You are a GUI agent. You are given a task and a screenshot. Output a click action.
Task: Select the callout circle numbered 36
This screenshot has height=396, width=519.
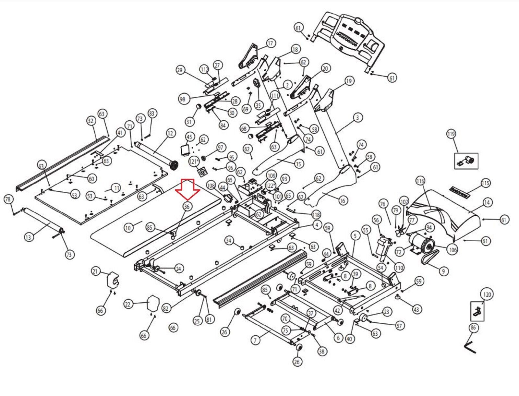coord(187,206)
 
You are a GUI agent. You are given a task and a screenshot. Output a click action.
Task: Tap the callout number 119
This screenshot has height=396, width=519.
coord(451,134)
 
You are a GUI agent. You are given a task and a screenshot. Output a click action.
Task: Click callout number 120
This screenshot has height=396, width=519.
coord(487,294)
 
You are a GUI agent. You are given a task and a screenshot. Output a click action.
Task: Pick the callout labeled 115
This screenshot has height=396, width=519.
coord(485,183)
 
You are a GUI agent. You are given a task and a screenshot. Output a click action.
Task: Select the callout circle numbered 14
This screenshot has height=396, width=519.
coord(487,203)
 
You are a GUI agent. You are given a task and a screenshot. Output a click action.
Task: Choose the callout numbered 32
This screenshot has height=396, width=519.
coord(91,121)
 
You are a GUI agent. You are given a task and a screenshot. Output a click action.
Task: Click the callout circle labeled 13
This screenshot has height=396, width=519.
coord(29,237)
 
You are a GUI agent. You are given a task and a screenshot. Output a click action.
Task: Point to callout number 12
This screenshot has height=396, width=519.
coord(171,133)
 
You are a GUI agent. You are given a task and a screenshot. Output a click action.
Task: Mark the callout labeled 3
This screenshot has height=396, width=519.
coord(357,117)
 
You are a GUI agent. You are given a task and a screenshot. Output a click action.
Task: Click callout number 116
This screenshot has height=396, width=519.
coord(420,181)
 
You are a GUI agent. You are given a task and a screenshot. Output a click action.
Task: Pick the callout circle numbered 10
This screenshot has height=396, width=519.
coord(128,228)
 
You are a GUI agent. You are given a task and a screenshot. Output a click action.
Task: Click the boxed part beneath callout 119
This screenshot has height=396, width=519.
coord(466,161)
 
